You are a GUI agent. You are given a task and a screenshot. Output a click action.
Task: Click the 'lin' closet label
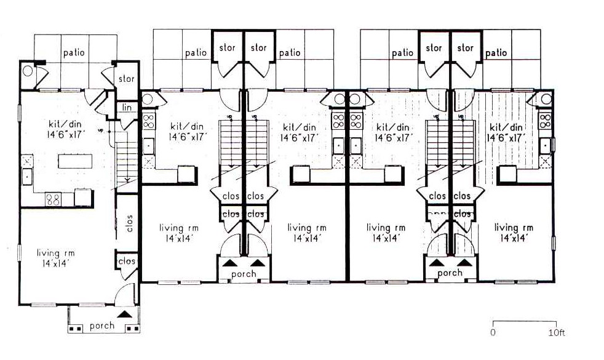pos(127,108)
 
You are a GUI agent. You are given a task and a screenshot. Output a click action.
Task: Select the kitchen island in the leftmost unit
pos(75,161)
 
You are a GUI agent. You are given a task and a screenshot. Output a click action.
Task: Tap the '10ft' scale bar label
pos(556,332)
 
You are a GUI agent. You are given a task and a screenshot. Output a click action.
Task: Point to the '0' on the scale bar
pos(493,332)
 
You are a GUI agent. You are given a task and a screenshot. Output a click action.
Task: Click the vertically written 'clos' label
pos(129,223)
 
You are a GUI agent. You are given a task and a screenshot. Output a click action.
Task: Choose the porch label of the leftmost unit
pos(102,326)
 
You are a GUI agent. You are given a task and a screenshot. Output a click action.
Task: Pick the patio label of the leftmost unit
pos(74,53)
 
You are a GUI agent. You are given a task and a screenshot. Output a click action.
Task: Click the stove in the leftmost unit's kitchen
pos(53,199)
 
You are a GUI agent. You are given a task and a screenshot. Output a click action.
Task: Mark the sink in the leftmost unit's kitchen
pos(27,177)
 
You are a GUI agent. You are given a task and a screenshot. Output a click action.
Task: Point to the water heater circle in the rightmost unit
pos(546,100)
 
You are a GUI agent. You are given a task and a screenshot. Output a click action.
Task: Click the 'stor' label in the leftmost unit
pos(126,79)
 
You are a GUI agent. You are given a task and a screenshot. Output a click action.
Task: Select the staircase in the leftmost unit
pos(126,161)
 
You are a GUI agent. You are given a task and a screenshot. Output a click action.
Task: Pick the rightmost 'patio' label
pos(496,53)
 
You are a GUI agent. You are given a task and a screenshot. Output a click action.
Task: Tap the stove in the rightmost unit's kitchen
pos(545,121)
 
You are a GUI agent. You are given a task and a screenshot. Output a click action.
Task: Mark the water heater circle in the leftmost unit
pos(28,71)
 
